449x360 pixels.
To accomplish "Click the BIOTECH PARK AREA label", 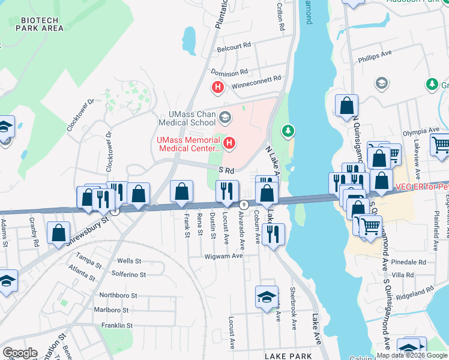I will click(41, 24).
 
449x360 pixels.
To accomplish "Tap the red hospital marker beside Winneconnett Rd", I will click(218, 88).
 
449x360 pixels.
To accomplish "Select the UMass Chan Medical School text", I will click(187, 119).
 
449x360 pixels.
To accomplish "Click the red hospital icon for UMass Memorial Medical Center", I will click(230, 143).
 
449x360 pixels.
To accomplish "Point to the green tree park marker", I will click(289, 130).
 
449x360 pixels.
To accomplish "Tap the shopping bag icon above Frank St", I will click(182, 192).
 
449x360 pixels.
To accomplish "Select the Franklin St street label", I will click(116, 325).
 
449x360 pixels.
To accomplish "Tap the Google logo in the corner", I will click(20, 352).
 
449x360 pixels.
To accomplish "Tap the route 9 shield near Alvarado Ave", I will click(243, 205).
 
